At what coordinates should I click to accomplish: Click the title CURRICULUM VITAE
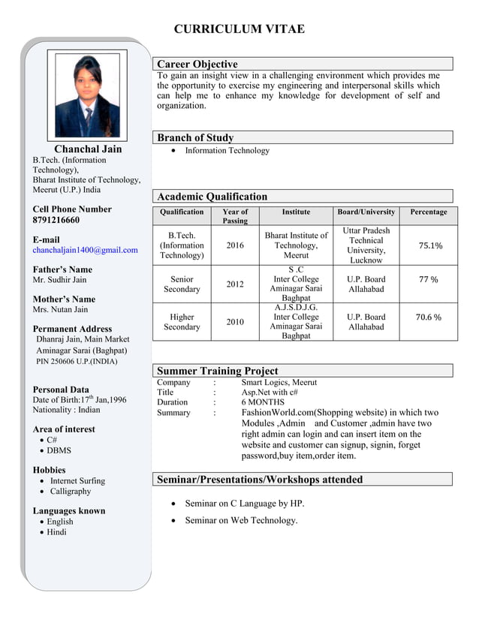[x=239, y=29]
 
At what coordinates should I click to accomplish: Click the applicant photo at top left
[x=87, y=95]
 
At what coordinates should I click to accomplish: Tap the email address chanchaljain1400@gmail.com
[x=85, y=250]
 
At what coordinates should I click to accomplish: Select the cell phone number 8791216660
[x=56, y=220]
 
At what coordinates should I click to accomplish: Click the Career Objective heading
[x=197, y=65]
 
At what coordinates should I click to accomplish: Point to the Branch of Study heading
[x=195, y=138]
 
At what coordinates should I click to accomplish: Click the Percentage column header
[x=429, y=212]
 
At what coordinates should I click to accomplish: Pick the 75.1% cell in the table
[x=429, y=245]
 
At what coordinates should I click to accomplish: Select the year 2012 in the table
[x=235, y=284]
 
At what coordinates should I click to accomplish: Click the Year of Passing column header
[x=235, y=216]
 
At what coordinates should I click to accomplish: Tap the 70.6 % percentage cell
[x=429, y=317]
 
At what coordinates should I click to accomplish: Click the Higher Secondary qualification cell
[x=182, y=322]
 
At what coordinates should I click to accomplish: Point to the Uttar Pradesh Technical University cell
[x=366, y=245]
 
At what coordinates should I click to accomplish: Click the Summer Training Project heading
[x=217, y=371]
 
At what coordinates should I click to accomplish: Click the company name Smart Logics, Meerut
[x=279, y=382]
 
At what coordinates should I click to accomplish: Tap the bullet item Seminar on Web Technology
[x=241, y=520]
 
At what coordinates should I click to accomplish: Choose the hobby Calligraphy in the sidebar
[x=71, y=491]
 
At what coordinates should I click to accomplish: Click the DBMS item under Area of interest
[x=59, y=450]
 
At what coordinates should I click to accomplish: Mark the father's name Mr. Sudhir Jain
[x=59, y=280]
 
